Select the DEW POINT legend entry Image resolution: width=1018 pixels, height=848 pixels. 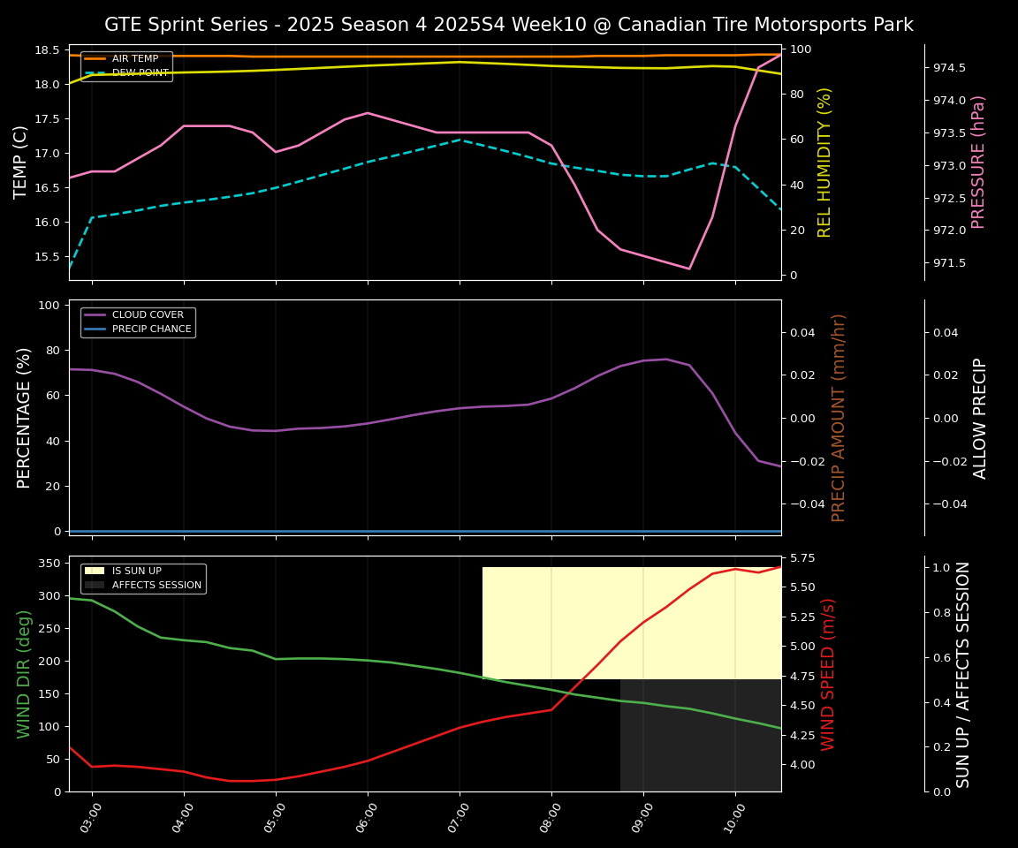click(140, 73)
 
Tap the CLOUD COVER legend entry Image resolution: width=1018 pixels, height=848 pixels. click(148, 315)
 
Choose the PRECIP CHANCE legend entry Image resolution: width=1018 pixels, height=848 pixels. click(151, 329)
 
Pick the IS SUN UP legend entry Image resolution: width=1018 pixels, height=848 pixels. click(136, 572)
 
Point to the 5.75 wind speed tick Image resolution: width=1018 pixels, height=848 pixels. click(805, 558)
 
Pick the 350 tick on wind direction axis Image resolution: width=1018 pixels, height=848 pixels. click(50, 564)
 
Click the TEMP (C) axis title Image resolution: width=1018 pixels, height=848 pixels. click(21, 163)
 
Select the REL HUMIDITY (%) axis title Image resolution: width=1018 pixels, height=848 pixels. click(825, 163)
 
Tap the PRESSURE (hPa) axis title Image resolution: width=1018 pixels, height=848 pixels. click(978, 163)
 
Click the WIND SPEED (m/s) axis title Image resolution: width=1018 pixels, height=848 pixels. click(828, 674)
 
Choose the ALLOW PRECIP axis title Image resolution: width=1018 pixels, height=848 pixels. click(980, 418)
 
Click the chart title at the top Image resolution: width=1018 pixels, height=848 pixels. click(509, 25)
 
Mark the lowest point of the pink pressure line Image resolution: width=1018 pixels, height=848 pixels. click(689, 269)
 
